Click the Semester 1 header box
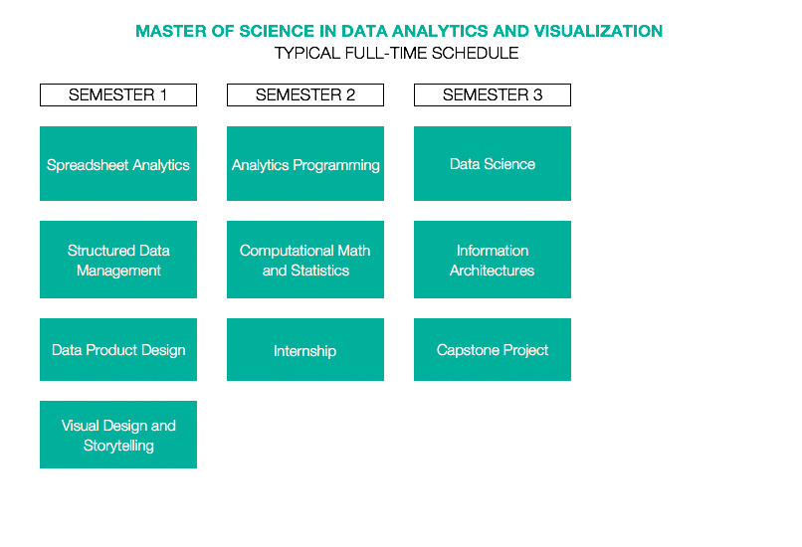(x=118, y=95)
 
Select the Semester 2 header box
(x=305, y=95)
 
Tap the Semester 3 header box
(x=493, y=95)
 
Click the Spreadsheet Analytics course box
(x=118, y=163)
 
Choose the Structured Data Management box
(x=118, y=260)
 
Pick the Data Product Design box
(x=118, y=350)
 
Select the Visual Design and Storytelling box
(x=118, y=435)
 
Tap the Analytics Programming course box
(x=305, y=163)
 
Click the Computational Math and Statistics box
(x=305, y=260)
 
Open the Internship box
(x=305, y=350)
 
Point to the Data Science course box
(x=493, y=163)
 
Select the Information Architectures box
(x=493, y=260)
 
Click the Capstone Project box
(x=493, y=350)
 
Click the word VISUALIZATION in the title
(x=598, y=31)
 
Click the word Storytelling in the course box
(x=118, y=446)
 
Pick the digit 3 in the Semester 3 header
(x=537, y=95)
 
